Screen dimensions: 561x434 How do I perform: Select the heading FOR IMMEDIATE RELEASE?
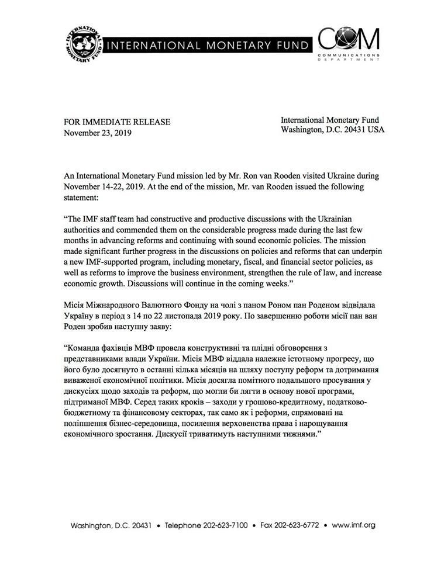click(x=117, y=122)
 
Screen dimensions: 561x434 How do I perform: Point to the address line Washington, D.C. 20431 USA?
click(x=332, y=130)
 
